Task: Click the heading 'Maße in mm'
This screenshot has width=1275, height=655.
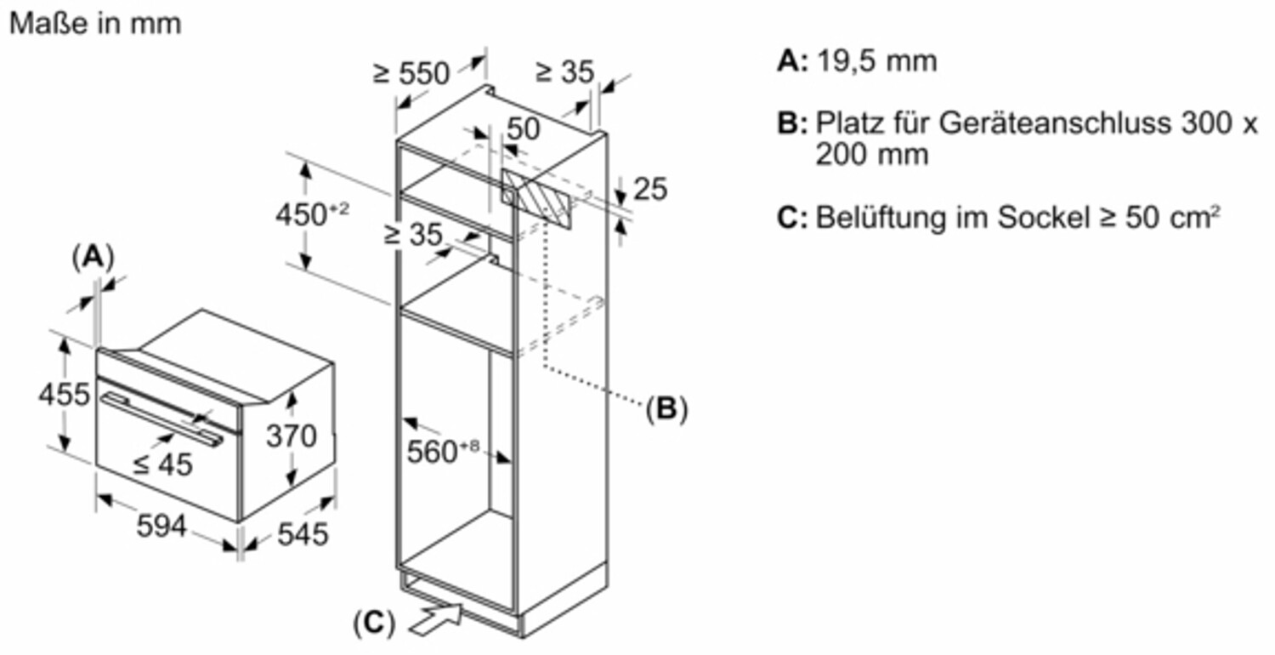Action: tap(95, 24)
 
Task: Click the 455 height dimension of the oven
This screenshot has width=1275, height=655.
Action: tap(64, 395)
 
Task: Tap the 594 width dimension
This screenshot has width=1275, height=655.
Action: tap(161, 527)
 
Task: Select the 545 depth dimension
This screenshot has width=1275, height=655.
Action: tap(303, 534)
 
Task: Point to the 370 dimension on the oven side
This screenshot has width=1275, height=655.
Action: tap(292, 436)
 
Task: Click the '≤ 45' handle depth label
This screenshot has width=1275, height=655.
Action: tap(163, 464)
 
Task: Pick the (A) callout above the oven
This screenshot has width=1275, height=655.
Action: tap(93, 255)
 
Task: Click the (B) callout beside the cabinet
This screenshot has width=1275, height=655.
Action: tap(666, 409)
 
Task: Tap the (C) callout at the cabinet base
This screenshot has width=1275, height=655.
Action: tap(374, 624)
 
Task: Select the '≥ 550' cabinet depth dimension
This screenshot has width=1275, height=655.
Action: tap(411, 73)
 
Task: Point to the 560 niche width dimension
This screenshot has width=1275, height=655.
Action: tap(438, 452)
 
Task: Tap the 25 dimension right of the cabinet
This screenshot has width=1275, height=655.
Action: tap(651, 190)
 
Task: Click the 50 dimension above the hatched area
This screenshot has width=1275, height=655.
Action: tap(523, 129)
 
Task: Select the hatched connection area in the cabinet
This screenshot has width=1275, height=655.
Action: tap(536, 197)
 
